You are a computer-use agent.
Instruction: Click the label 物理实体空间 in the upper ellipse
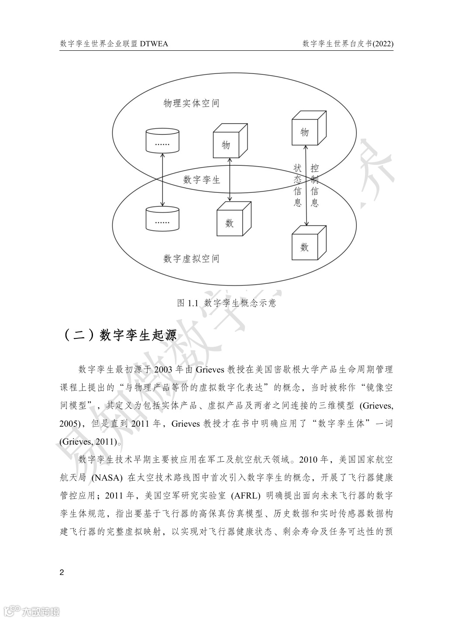tap(191, 104)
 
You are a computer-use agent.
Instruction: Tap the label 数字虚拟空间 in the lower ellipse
tap(191, 259)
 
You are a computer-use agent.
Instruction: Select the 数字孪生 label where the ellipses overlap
tap(202, 180)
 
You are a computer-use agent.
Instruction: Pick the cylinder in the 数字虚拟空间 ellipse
tap(162, 218)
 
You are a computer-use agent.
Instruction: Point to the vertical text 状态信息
tap(298, 185)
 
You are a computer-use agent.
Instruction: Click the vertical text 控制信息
tap(314, 185)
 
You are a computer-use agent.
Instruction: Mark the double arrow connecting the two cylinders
tap(162, 179)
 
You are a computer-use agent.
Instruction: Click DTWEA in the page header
tap(154, 44)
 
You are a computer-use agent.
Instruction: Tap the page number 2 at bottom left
tap(62, 573)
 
